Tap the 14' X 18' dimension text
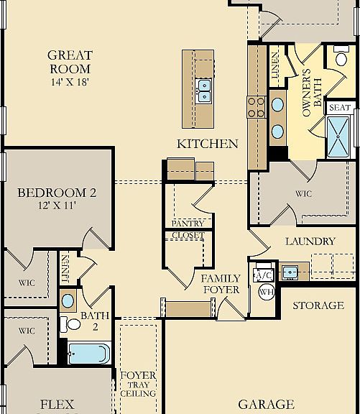pos(69,82)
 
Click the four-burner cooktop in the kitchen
pos(256,107)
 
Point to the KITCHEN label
pos(207,144)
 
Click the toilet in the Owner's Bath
pos(341,56)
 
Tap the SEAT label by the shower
pos(340,108)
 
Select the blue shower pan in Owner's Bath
pos(338,137)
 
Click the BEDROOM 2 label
pos(57,193)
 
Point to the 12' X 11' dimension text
pos(57,205)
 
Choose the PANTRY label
pos(188,224)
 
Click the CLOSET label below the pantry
pos(188,235)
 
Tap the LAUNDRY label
pos(310,241)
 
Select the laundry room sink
pos(290,272)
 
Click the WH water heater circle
pos(267,292)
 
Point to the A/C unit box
pos(264,275)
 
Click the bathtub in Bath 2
pos(89,354)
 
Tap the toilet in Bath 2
pos(70,324)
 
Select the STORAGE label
pos(318,305)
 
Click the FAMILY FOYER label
pos(221,284)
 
